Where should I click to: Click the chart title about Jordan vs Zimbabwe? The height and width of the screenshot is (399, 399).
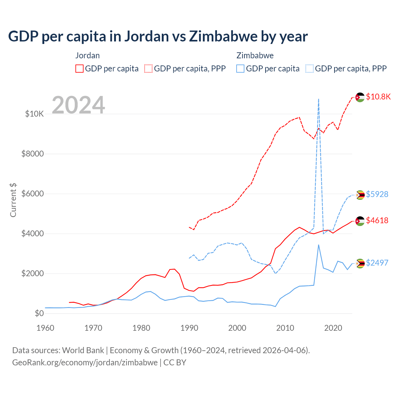click(x=158, y=36)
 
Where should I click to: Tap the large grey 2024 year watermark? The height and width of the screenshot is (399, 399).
click(x=78, y=105)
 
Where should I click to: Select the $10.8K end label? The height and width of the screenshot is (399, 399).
click(x=378, y=97)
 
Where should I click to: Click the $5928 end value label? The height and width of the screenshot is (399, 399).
click(x=377, y=194)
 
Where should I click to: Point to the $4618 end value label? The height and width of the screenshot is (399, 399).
click(x=377, y=220)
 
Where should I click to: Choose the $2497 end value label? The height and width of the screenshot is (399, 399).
click(x=377, y=263)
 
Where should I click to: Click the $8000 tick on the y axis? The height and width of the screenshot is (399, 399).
click(x=32, y=154)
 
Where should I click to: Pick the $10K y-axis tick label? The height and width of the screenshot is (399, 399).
click(x=34, y=114)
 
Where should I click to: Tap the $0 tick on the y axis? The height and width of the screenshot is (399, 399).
click(x=39, y=313)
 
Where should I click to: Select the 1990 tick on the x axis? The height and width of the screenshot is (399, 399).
click(x=189, y=328)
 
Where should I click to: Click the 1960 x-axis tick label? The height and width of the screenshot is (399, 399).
click(x=46, y=328)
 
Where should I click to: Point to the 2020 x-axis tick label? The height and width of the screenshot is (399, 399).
click(x=333, y=328)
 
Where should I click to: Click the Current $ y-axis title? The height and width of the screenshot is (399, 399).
click(x=13, y=200)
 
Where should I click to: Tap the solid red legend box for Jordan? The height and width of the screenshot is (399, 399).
click(x=79, y=69)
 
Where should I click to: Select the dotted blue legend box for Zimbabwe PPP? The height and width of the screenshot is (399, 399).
click(x=310, y=69)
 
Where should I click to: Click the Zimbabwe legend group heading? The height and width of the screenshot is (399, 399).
click(x=255, y=55)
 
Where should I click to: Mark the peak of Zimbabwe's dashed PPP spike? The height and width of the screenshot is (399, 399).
click(x=318, y=99)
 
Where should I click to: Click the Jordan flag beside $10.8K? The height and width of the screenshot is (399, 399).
click(x=360, y=97)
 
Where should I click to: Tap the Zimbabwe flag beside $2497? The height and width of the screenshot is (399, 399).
click(x=360, y=263)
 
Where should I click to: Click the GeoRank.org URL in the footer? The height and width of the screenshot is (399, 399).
click(x=85, y=363)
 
